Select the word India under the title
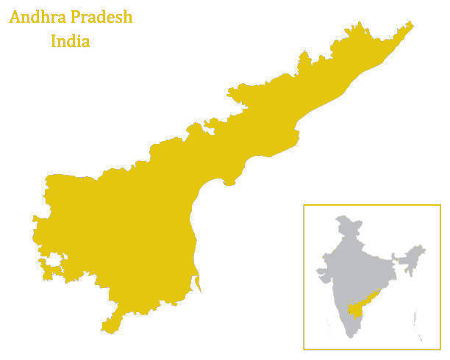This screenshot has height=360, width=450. click(x=71, y=41)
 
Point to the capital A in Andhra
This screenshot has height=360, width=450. click(x=15, y=17)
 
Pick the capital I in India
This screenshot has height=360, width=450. click(x=54, y=41)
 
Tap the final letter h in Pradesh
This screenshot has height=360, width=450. click(x=128, y=17)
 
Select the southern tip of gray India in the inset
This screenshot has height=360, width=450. click(x=354, y=336)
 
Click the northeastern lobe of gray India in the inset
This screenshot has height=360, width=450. click(x=415, y=253)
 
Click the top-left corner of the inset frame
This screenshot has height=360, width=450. click(x=304, y=205)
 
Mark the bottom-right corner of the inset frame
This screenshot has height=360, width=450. click(x=441, y=349)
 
